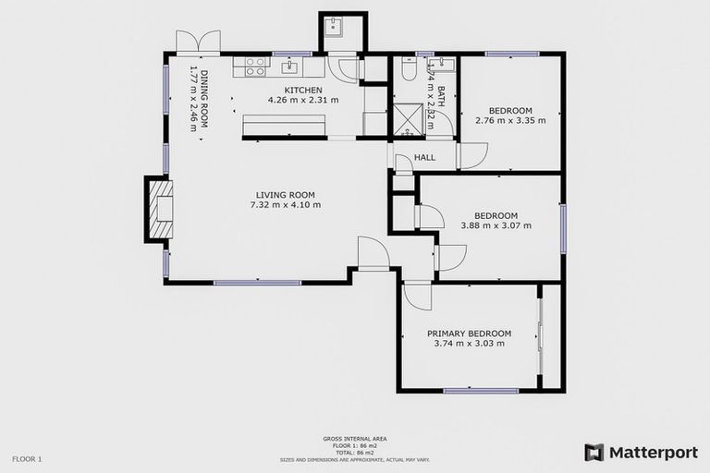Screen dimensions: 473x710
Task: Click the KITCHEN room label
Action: point(302,90)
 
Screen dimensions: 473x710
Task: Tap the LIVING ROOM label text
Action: point(285,195)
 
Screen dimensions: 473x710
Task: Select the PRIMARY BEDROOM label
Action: point(469,334)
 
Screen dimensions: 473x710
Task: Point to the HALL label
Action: point(424,158)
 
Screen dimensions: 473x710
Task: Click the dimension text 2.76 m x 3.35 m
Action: point(510,120)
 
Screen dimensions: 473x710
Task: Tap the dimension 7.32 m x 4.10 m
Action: point(285,205)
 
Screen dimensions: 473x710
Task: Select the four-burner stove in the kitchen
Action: point(255,67)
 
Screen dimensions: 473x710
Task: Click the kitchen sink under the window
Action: point(290,66)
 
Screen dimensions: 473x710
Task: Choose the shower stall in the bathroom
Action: point(408,119)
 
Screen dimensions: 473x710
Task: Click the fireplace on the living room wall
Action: point(159,210)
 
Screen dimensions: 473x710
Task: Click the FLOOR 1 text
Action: point(27,458)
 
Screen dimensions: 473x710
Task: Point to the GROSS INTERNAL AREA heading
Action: point(354,438)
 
